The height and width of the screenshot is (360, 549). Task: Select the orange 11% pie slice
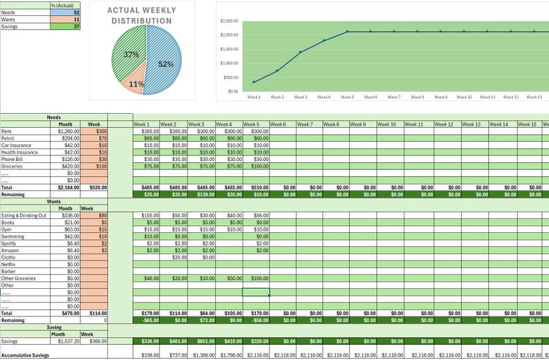tap(135, 84)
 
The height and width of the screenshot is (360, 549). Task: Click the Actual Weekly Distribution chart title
tap(143, 16)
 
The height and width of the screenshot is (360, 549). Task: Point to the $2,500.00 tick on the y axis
tap(230, 21)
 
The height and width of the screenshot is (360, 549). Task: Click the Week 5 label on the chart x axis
tap(347, 97)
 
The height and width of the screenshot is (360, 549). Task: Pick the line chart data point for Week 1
tap(254, 82)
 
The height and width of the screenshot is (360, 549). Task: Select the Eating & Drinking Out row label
tap(24, 216)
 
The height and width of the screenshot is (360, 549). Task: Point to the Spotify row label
tap(10, 243)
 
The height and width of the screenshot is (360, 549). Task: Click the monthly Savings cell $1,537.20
tap(65, 341)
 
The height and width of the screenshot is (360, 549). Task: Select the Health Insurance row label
tap(19, 152)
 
